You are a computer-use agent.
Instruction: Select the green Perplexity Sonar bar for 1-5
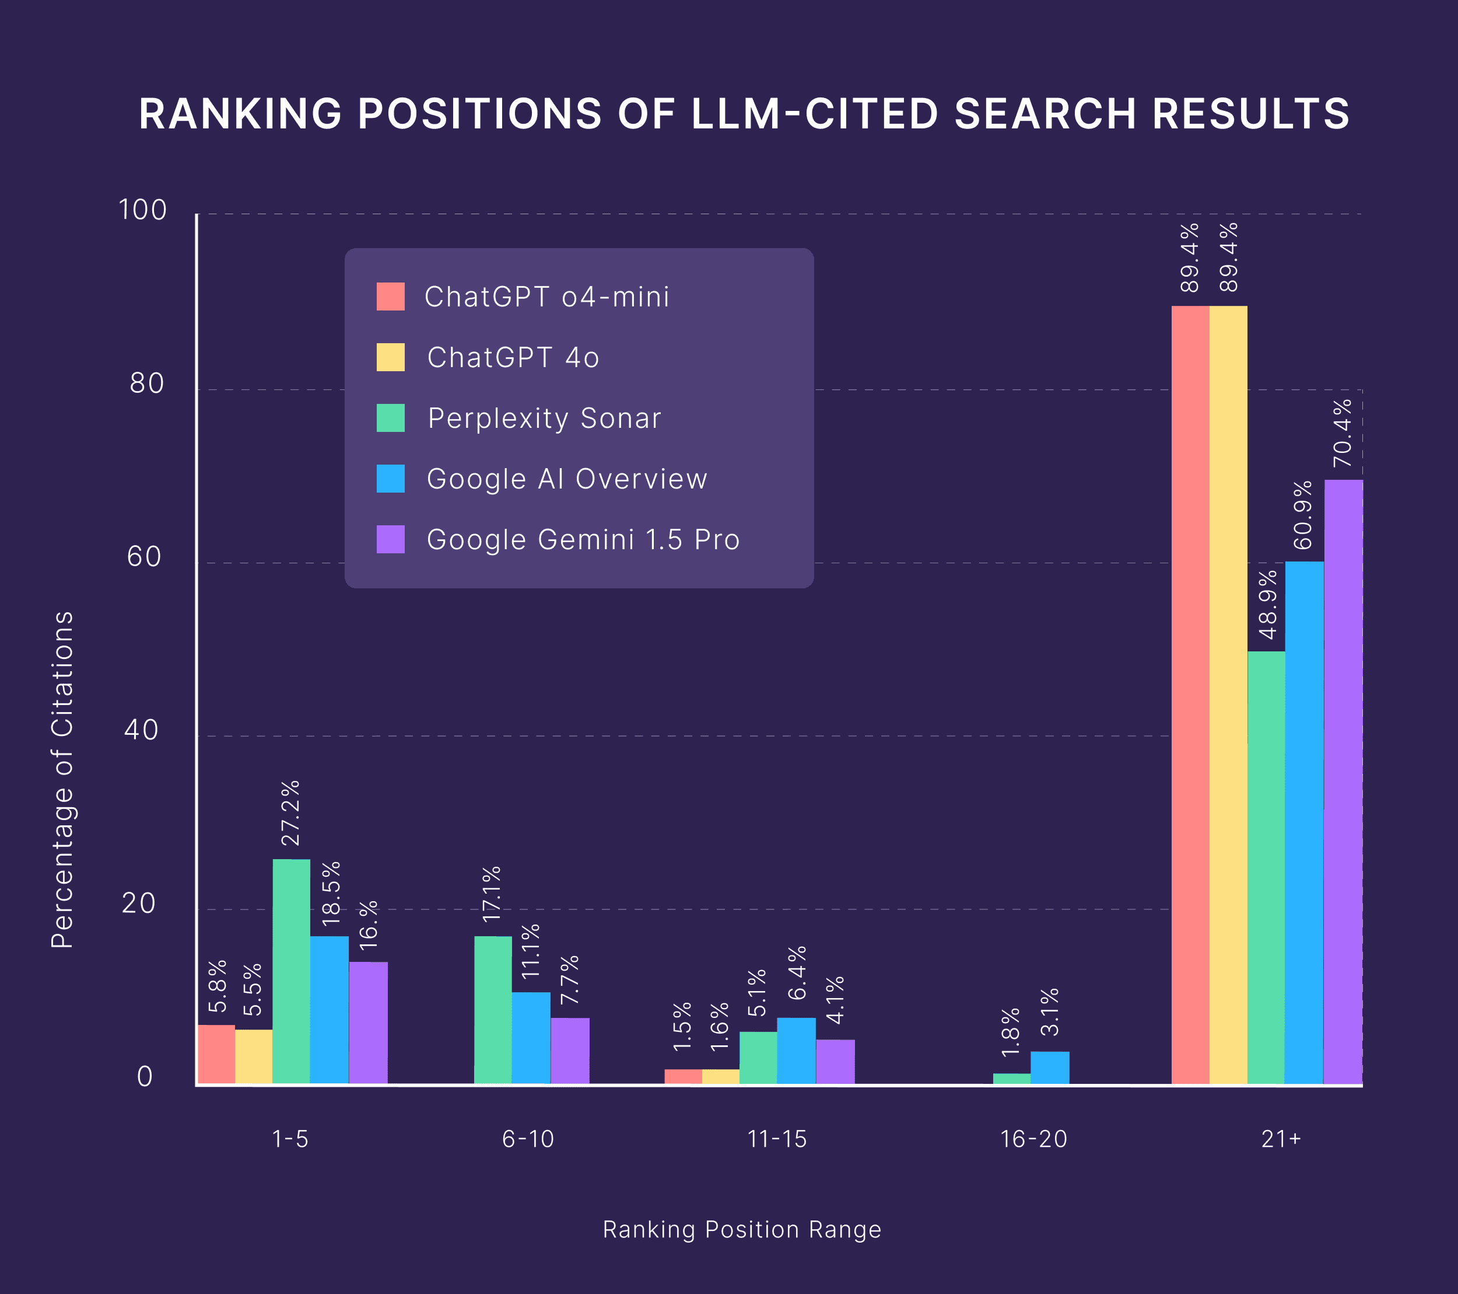[x=291, y=971]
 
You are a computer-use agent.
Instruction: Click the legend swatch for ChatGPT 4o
[x=390, y=357]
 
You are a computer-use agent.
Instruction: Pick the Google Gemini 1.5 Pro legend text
[x=583, y=539]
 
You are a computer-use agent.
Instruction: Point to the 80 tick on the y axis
[x=146, y=384]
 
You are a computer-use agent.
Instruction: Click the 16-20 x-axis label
[x=1033, y=1138]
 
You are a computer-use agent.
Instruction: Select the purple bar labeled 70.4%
[x=1343, y=782]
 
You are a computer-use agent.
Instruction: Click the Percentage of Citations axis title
[x=63, y=779]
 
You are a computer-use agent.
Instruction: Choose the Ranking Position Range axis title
[x=742, y=1230]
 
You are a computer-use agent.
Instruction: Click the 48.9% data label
[x=1267, y=605]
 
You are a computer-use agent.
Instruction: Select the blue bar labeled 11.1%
[x=531, y=1038]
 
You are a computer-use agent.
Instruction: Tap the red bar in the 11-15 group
[x=682, y=1076]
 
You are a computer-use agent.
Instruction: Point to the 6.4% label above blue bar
[x=797, y=972]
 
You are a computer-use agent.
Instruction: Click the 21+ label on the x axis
[x=1281, y=1138]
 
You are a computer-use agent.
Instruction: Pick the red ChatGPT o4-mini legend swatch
[x=390, y=296]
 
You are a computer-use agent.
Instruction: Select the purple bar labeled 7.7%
[x=570, y=1051]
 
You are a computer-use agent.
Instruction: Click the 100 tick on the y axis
[x=142, y=210]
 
